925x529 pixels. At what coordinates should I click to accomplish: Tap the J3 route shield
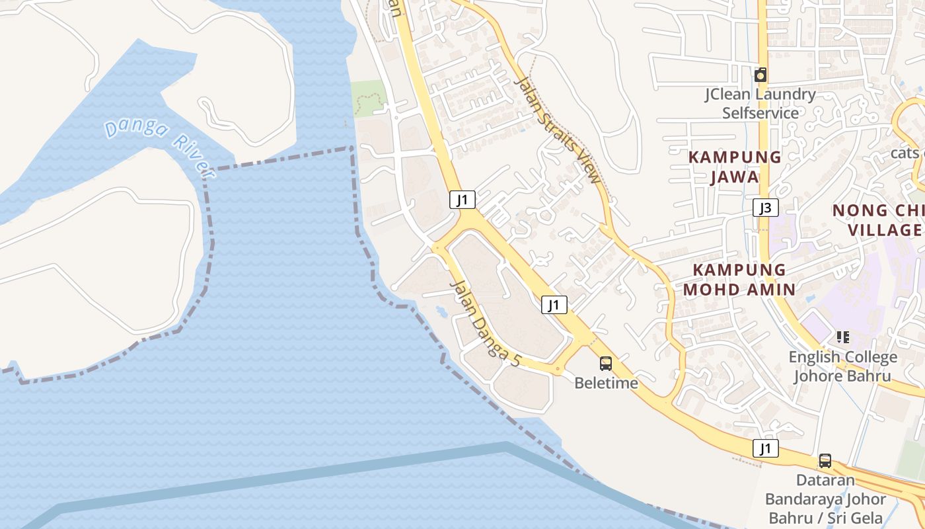764,208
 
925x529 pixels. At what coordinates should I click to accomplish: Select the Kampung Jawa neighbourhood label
735,167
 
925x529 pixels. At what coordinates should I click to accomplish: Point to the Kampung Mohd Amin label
739,279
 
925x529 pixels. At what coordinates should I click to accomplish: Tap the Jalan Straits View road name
559,130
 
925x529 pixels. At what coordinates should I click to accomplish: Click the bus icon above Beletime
605,363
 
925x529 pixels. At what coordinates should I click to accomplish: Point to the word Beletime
606,383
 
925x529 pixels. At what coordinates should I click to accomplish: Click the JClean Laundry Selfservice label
760,103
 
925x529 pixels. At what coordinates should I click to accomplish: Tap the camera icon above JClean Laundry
760,75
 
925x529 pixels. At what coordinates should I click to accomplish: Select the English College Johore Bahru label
842,366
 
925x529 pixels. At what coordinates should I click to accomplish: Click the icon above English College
842,337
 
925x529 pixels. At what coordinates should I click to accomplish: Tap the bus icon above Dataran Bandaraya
825,460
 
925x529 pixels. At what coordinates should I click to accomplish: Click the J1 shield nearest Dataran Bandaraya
765,448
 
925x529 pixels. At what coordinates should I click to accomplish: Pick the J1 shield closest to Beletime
554,304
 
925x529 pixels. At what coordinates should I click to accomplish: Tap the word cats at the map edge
905,153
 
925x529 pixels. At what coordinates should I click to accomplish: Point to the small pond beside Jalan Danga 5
441,311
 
